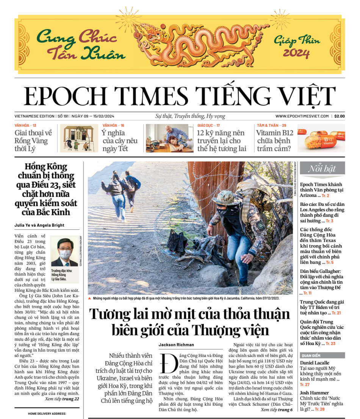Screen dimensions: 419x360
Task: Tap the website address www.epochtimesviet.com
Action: pos(302,116)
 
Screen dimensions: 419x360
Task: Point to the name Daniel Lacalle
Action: pos(315,363)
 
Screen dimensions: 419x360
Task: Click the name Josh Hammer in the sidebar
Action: pos(314,393)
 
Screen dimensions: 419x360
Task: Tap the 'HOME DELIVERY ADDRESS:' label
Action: pos(47,414)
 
